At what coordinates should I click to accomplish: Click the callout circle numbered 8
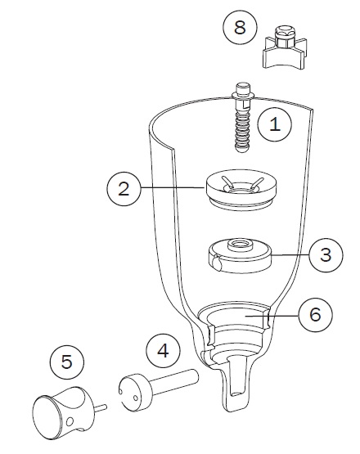(x=240, y=28)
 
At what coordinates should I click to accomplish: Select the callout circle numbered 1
(x=275, y=124)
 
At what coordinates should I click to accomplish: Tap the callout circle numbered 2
(x=124, y=189)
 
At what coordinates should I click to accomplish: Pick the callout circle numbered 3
(x=326, y=254)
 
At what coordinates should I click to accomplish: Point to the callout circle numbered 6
(x=315, y=315)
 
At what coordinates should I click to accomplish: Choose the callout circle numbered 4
(x=163, y=351)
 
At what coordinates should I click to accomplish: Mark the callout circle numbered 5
(x=67, y=362)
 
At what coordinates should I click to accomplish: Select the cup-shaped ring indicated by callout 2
(x=241, y=190)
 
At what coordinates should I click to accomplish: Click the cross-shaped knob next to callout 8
(x=285, y=47)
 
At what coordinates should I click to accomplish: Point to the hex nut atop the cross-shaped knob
(x=284, y=36)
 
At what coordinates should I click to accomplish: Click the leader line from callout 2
(x=173, y=188)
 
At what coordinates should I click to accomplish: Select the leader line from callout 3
(x=290, y=254)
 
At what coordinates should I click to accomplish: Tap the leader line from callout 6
(x=272, y=316)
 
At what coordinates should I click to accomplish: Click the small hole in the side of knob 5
(x=70, y=421)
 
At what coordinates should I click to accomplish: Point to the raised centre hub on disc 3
(x=239, y=245)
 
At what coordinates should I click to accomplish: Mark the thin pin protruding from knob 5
(x=101, y=408)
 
